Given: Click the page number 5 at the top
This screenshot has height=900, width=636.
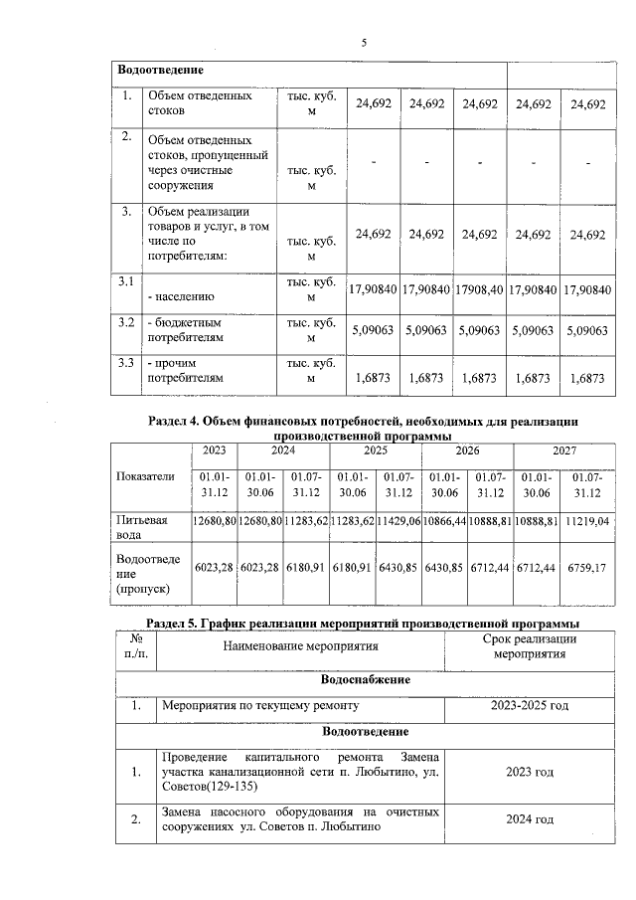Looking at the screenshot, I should coord(363,42).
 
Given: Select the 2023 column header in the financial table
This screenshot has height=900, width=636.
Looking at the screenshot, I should coord(214,450).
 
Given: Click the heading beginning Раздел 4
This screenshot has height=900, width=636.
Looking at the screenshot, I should coord(362,429).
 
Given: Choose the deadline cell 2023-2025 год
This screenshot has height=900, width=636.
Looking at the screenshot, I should coord(530,706).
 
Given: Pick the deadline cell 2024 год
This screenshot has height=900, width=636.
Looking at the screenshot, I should coord(530,819).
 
